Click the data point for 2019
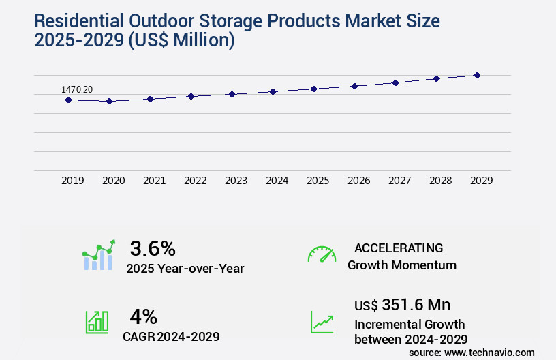(68, 100)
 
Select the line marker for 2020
(109, 101)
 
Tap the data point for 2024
(273, 91)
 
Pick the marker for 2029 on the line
(477, 75)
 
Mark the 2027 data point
(395, 82)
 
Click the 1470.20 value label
(76, 89)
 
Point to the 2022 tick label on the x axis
(195, 181)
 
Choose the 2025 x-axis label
(318, 181)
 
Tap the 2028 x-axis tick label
(440, 181)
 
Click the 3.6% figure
(153, 248)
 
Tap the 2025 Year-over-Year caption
(185, 269)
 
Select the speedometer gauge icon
(321, 254)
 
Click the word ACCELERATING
(399, 248)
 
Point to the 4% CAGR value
(143, 316)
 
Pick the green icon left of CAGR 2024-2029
(97, 322)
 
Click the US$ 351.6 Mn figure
(402, 305)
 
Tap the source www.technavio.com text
(472, 352)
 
